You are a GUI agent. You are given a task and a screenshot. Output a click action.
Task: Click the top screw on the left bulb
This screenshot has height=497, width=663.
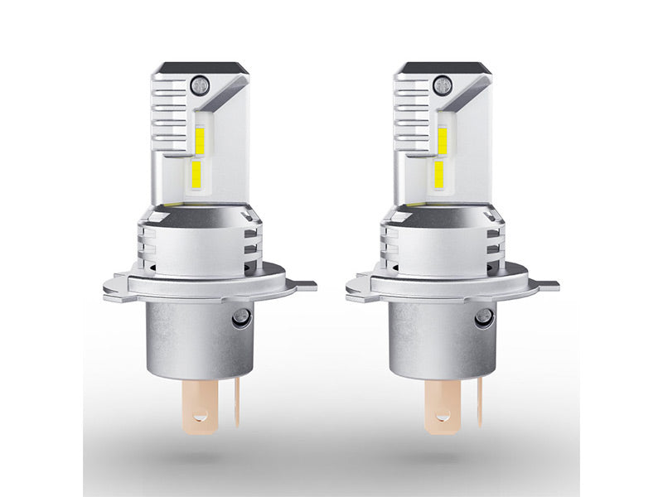[x=198, y=84]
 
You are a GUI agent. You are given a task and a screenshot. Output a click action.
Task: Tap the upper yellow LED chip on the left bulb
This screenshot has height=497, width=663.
[x=199, y=142]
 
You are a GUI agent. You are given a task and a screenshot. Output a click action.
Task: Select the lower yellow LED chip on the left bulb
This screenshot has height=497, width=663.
[x=195, y=173]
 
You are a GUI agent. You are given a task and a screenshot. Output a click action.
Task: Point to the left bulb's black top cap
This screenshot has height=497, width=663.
[x=200, y=67]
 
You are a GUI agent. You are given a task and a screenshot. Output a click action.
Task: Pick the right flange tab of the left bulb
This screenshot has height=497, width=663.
[x=305, y=286]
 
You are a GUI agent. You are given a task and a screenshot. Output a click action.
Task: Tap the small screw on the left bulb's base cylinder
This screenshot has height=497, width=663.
[x=240, y=316]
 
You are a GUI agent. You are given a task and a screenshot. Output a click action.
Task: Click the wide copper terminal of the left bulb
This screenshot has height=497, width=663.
[x=200, y=407]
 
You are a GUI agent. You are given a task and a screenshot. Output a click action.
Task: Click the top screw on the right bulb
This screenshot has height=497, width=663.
[x=442, y=84]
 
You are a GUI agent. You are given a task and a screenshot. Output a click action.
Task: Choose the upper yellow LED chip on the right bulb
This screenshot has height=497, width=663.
[x=443, y=142]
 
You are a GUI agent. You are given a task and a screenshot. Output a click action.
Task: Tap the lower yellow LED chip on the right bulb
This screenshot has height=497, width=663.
[x=438, y=173]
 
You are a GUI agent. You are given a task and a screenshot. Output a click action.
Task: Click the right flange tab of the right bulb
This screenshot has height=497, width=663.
[x=548, y=286]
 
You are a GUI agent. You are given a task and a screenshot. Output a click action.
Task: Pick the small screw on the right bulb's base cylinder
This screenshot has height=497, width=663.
[x=482, y=316]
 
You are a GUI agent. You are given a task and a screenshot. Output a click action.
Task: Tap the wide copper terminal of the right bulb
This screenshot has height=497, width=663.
[x=443, y=407]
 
